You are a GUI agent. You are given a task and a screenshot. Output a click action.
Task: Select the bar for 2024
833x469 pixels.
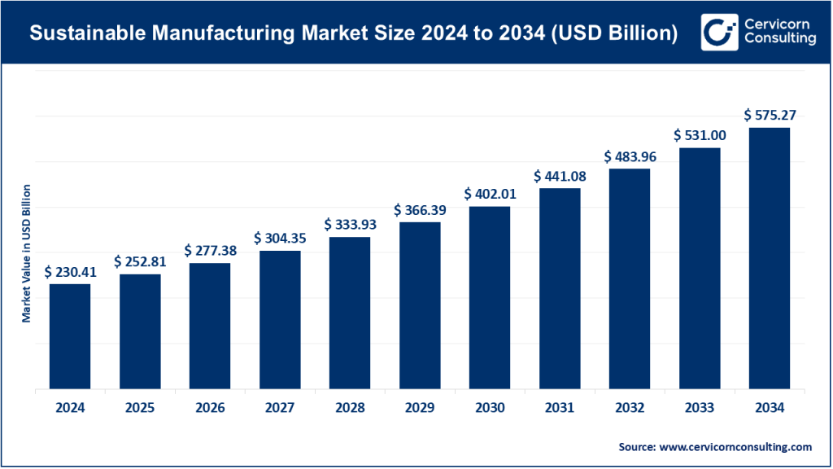pyautogui.click(x=70, y=336)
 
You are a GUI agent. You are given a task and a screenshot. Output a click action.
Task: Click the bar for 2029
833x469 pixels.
pyautogui.click(x=420, y=305)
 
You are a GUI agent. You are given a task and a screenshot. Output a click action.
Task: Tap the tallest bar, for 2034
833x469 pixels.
pyautogui.click(x=769, y=258)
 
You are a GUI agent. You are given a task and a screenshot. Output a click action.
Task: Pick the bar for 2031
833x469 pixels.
pyautogui.click(x=560, y=289)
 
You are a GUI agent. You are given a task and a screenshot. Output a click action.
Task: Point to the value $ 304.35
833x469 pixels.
pyautogui.click(x=280, y=239)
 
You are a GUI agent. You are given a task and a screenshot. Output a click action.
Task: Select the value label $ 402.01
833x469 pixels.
pyautogui.click(x=490, y=195)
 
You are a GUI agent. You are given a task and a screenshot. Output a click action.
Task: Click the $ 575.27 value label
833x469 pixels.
pyautogui.click(x=769, y=116)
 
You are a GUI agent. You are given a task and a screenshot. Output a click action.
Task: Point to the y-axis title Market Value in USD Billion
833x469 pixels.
pyautogui.click(x=27, y=253)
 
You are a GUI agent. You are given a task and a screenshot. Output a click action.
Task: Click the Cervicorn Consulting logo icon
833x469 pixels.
pyautogui.click(x=719, y=32)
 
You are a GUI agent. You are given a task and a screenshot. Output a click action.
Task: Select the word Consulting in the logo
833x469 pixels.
pyautogui.click(x=779, y=40)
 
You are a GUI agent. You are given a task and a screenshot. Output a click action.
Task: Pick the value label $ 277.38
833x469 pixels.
pyautogui.click(x=210, y=251)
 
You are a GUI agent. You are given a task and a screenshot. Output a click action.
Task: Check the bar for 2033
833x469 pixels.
pyautogui.click(x=699, y=269)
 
